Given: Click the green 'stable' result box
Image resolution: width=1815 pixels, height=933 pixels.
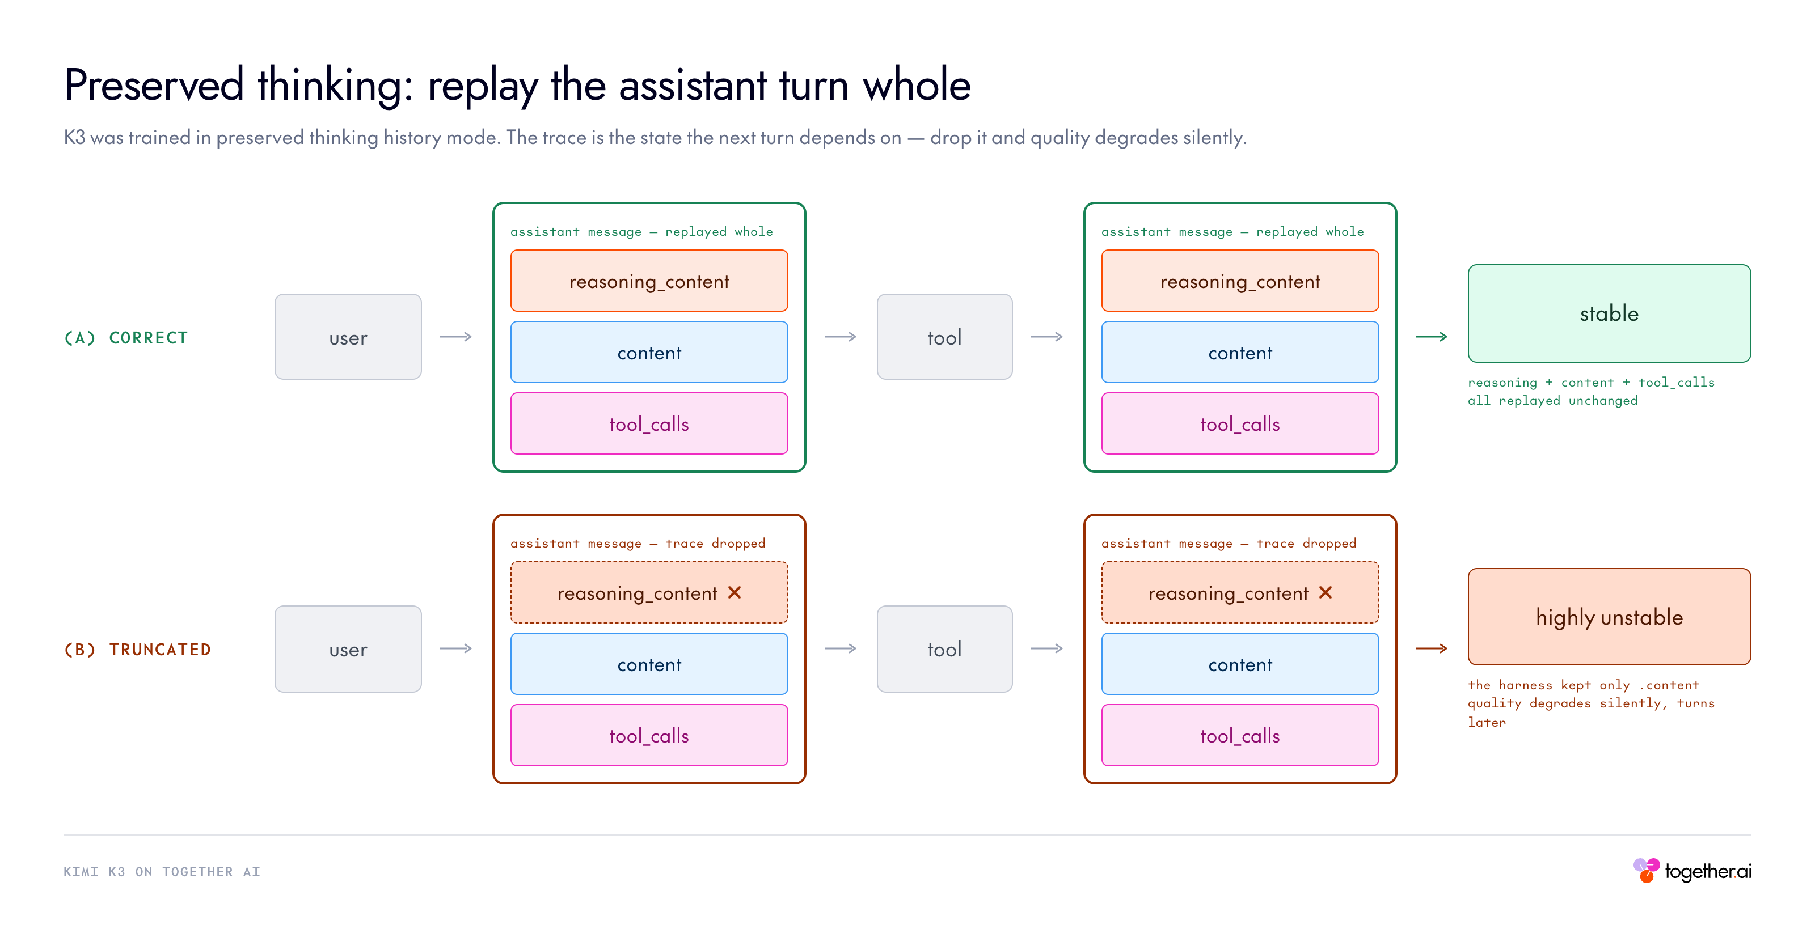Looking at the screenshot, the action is tap(1609, 313).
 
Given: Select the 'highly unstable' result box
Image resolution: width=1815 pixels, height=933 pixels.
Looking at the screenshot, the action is tap(1609, 617).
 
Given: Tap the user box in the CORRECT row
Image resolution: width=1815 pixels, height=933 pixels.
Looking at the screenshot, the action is tap(348, 337).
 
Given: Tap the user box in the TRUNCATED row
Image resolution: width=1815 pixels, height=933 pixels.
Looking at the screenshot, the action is tap(348, 648).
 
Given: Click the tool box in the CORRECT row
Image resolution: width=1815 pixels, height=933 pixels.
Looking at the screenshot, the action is tap(944, 337).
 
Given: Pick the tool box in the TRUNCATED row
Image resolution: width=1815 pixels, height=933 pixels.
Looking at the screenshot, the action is tap(944, 648).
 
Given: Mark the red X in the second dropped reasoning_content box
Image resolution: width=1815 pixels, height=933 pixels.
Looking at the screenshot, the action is tap(1326, 592).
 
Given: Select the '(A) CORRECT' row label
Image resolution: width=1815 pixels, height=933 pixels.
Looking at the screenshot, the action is tap(126, 338).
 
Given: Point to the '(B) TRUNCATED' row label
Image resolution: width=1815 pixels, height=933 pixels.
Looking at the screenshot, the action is tap(137, 649).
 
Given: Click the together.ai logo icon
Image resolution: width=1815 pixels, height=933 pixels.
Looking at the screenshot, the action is tap(1647, 870).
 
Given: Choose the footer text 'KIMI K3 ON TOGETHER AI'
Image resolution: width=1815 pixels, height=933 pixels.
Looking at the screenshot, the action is tap(162, 872).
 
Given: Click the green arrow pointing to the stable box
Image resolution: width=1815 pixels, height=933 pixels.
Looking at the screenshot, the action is tap(1431, 337).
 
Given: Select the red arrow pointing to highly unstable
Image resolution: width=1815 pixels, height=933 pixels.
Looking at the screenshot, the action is tap(1431, 648).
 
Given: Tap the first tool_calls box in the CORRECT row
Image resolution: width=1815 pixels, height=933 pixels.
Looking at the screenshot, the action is tap(649, 423).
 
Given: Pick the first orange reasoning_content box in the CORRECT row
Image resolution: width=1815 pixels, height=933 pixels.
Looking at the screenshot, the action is tap(649, 281).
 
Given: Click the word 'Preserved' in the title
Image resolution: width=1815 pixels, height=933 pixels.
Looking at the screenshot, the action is tap(154, 85).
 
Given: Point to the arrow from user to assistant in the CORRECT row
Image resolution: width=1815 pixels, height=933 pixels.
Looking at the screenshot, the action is tap(456, 337).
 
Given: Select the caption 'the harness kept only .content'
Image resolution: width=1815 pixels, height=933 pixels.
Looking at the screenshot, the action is tap(1583, 685).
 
